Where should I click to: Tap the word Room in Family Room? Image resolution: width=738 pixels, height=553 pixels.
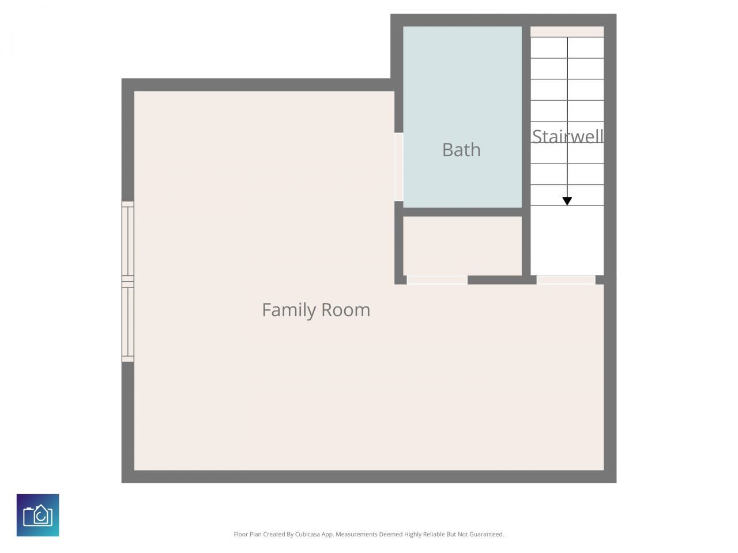[345, 310]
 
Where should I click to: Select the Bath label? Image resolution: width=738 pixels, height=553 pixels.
[461, 150]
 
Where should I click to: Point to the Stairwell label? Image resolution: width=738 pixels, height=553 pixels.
[567, 137]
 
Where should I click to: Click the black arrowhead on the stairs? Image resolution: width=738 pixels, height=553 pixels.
[567, 201]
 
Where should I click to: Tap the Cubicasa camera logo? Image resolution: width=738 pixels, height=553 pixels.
[38, 515]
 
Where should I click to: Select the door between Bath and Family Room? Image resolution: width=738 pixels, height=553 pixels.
[398, 167]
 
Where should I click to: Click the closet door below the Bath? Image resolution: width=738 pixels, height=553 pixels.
[437, 280]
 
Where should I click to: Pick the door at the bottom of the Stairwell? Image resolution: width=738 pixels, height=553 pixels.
[566, 280]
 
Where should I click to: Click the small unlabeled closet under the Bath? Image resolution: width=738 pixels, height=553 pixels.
[462, 246]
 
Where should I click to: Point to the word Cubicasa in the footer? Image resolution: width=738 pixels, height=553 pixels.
[308, 535]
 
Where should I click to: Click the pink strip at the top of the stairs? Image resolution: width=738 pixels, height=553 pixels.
[567, 32]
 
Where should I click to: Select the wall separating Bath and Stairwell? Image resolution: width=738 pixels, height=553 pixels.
[526, 115]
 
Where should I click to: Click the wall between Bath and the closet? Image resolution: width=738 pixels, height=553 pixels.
[462, 212]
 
